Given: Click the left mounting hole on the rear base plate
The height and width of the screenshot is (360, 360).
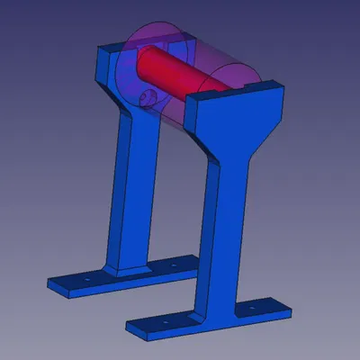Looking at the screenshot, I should point(86,280).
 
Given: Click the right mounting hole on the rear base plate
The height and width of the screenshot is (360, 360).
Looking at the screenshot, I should point(171,266).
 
